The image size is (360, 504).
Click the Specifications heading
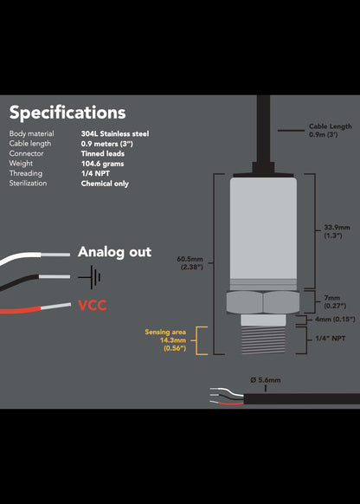pyautogui.click(x=67, y=113)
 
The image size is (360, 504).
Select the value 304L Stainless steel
pyautogui.click(x=115, y=134)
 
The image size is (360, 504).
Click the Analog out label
pyautogui.click(x=114, y=252)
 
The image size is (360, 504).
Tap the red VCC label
pyautogui.click(x=93, y=306)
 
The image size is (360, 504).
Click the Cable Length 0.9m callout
pyautogui.click(x=330, y=131)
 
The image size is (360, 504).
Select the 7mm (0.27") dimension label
pyautogui.click(x=334, y=300)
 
